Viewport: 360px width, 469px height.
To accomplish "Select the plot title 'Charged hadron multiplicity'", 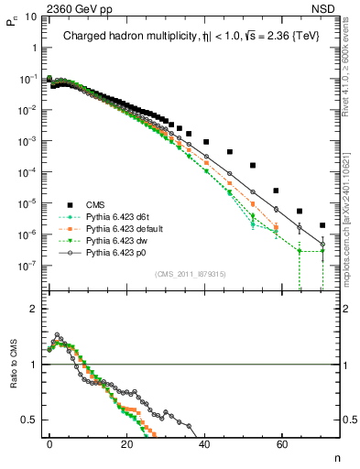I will click(x=118, y=36).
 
